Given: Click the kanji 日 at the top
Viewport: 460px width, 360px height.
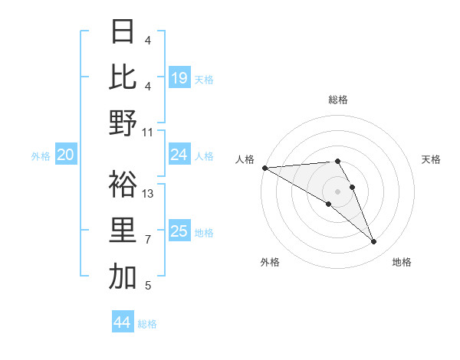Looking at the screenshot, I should pyautogui.click(x=123, y=31).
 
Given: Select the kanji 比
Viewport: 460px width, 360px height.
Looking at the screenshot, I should pyautogui.click(x=123, y=77).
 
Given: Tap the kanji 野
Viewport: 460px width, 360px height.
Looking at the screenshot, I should pyautogui.click(x=123, y=123).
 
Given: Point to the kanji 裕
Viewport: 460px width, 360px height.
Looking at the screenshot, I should pyautogui.click(x=123, y=185).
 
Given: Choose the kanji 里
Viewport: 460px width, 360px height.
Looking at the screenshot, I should pyautogui.click(x=123, y=231).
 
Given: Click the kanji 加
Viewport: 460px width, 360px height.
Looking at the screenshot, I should pyautogui.click(x=123, y=277).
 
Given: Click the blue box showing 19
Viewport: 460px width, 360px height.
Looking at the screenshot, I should pyautogui.click(x=179, y=78).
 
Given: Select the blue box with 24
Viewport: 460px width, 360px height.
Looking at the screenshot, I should pyautogui.click(x=179, y=155).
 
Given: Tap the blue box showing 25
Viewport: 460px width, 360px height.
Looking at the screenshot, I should pyautogui.click(x=179, y=231).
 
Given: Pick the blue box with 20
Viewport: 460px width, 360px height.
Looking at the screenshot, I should pyautogui.click(x=65, y=155).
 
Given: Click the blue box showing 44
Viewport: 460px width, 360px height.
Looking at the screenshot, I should pyautogui.click(x=122, y=322).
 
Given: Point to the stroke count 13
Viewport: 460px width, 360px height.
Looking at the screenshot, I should pyautogui.click(x=149, y=194).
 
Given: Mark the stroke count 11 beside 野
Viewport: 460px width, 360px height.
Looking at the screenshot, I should pyautogui.click(x=149, y=132).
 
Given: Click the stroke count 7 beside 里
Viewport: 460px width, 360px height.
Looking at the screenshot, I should pyautogui.click(x=148, y=240).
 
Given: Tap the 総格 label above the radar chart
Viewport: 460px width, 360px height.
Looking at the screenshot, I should pyautogui.click(x=338, y=100).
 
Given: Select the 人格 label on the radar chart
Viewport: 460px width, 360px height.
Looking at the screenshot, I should pyautogui.click(x=245, y=159).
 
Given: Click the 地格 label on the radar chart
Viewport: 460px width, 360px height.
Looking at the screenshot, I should pyautogui.click(x=402, y=262).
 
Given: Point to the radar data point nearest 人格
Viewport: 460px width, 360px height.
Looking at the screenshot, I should pyautogui.click(x=264, y=168).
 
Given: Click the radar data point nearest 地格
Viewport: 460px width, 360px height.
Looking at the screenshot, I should pyautogui.click(x=374, y=242).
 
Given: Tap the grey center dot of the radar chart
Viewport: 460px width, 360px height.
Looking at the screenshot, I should pyautogui.click(x=337, y=191).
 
